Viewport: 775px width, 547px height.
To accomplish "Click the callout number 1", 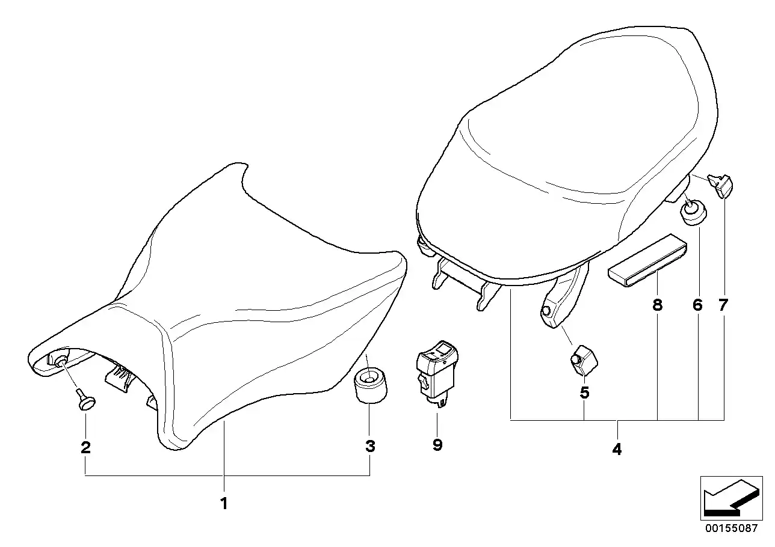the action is tap(224, 504).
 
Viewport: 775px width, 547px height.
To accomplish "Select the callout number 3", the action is tap(370, 447).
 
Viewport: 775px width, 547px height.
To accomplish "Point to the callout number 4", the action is tap(617, 449).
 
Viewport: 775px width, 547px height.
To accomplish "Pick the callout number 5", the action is tap(584, 393).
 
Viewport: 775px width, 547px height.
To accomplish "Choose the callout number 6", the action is tap(697, 305).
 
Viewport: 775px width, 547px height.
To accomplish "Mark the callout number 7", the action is tap(723, 305).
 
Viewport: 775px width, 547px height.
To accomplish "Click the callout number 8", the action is tap(657, 305).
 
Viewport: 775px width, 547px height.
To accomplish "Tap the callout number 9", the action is tap(437, 445).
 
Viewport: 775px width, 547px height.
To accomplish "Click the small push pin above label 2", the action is tap(85, 399).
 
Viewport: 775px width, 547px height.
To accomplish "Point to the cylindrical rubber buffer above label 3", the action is tap(370, 386).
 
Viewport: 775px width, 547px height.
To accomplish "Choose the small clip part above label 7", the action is tap(720, 186).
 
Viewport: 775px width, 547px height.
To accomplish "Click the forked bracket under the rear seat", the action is tap(465, 284).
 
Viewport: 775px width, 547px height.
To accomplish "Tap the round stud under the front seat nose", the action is tap(61, 362).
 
